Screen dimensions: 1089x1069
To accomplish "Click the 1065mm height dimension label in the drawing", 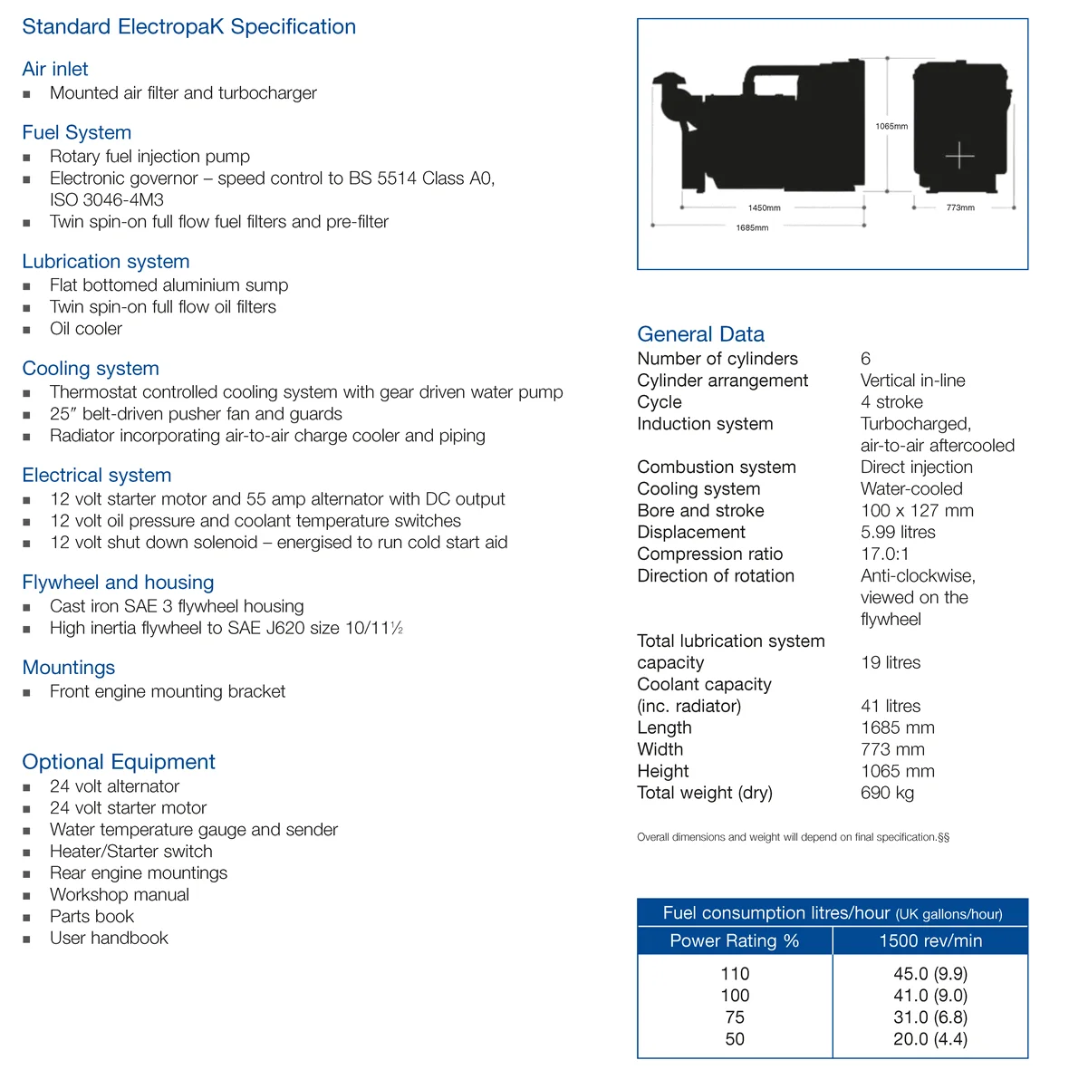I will pos(891,126).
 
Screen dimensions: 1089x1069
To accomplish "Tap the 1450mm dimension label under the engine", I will pos(764,207).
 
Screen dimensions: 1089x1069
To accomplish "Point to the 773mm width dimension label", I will pos(960,207).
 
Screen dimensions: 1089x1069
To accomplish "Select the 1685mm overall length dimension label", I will pos(752,227).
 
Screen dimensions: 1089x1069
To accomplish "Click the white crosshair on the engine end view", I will pos(959,156).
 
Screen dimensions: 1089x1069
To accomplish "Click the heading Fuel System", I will pos(77,132).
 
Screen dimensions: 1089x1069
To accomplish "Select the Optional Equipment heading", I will pos(119,762).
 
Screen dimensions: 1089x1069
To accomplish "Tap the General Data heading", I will pos(700,334).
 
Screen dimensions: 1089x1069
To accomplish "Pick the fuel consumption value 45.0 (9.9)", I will pos(929,974).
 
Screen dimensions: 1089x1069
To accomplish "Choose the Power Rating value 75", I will pos(735,1017).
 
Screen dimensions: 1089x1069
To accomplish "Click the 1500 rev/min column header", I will pos(930,940).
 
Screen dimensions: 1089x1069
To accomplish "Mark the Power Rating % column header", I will pos(735,940).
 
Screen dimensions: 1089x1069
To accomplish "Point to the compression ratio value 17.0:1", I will pos(884,554).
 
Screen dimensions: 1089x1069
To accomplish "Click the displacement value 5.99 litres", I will pos(898,532).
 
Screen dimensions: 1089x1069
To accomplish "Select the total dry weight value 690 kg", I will pos(887,793).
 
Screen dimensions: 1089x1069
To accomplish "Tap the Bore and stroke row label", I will pos(700,510).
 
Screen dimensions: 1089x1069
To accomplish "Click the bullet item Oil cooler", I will pos(86,329).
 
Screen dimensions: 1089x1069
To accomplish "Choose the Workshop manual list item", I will pos(120,894).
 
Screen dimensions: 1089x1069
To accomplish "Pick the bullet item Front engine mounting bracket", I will pos(168,691).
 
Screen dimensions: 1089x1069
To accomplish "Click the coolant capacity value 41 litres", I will pos(891,706).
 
